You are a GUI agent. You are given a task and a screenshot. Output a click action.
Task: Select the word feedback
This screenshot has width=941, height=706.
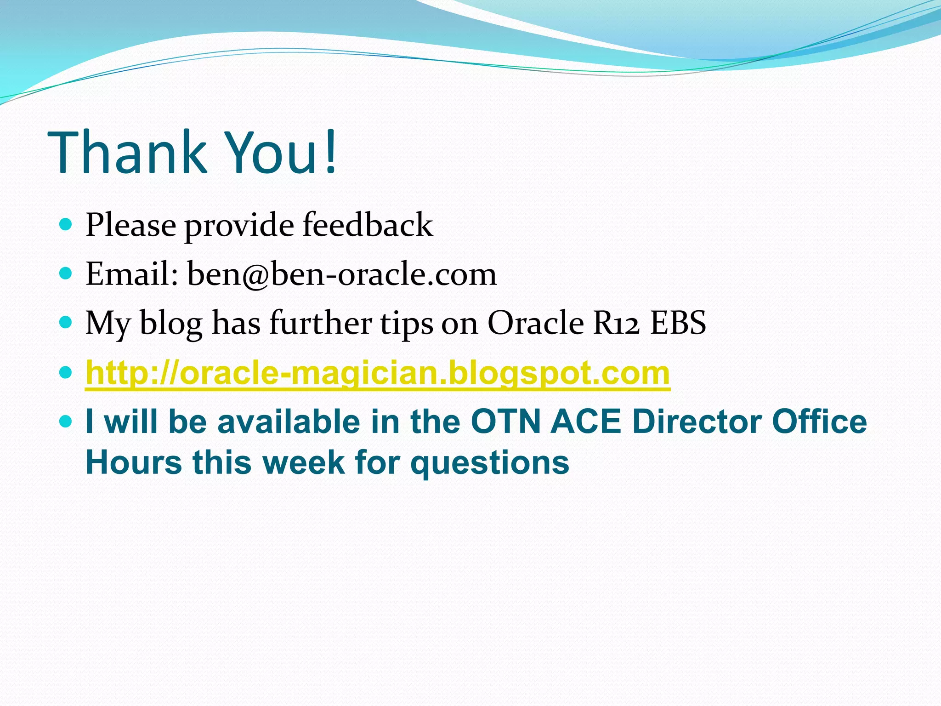coord(368,225)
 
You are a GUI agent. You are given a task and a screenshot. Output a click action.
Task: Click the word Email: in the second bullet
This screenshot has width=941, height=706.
coord(132,274)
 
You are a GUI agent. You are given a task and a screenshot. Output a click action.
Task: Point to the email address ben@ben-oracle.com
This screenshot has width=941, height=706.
coord(342,274)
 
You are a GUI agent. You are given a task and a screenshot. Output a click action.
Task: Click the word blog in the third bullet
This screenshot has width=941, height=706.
coord(171,324)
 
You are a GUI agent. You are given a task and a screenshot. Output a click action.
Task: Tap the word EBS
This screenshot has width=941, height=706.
coord(678,323)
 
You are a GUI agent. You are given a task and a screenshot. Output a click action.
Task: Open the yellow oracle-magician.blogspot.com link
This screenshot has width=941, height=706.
coord(378,373)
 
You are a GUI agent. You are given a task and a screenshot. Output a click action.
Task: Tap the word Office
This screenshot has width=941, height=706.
coord(819,422)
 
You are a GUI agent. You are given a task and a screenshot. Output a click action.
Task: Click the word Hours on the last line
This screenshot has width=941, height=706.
coord(134,462)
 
